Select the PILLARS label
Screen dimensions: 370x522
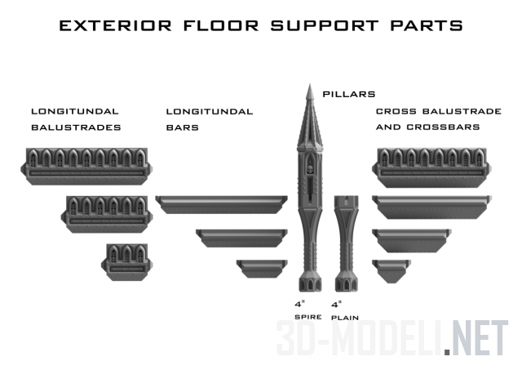[348, 94]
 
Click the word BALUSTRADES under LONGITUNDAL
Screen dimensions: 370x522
[76, 127]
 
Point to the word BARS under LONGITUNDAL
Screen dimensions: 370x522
[178, 127]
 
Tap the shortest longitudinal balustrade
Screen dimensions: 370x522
[126, 258]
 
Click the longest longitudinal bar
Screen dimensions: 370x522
[223, 203]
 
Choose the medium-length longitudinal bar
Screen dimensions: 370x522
[241, 236]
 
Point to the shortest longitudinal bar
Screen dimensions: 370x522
[262, 267]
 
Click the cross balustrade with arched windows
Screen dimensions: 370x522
[432, 163]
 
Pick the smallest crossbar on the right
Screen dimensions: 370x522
[391, 267]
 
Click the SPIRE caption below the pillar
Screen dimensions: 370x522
[308, 316]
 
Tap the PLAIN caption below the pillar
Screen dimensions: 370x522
[346, 317]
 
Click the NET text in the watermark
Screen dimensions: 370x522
[478, 337]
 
